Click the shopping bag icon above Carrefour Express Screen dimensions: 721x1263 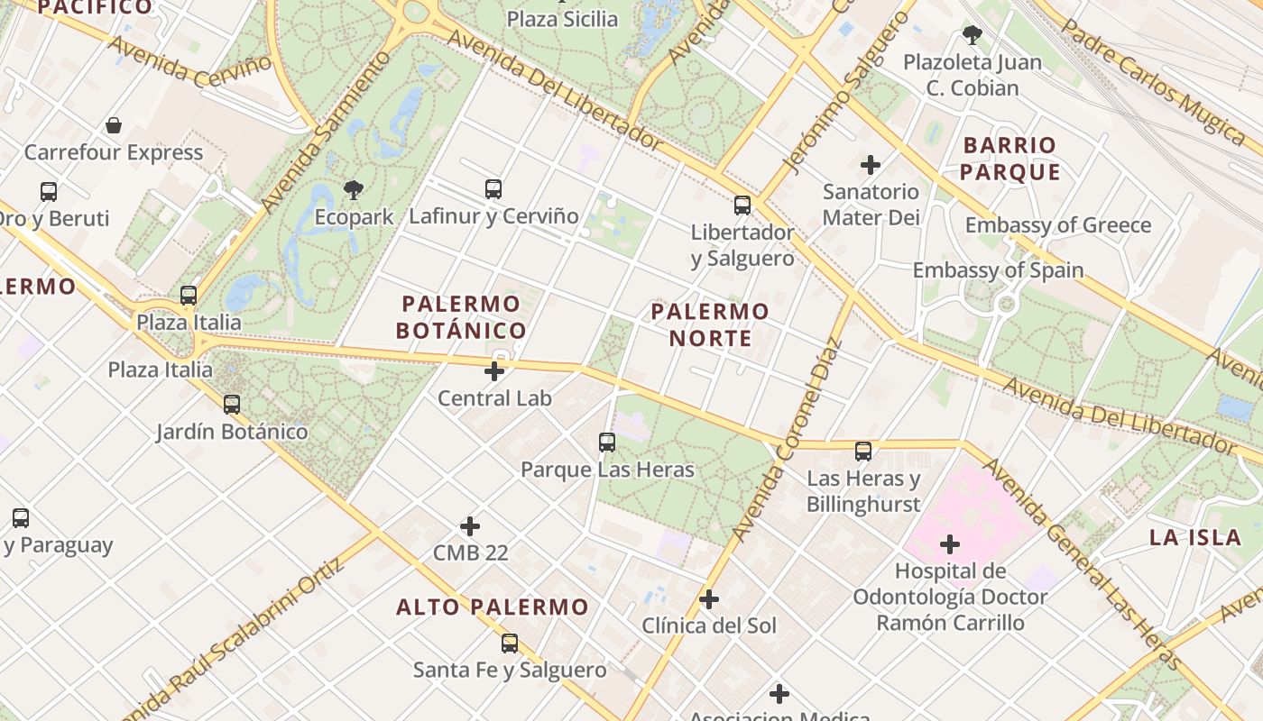pos(114,125)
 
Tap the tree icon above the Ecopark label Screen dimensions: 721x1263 pos(354,189)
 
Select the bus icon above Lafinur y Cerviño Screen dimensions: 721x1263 pos(493,188)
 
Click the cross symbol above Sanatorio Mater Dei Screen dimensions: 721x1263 pos(871,164)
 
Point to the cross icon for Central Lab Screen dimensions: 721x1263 pos(494,370)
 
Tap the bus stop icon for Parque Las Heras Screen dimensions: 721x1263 pos(607,443)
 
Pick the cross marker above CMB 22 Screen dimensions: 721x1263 pos(470,525)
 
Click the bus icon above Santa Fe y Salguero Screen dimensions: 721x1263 pos(510,643)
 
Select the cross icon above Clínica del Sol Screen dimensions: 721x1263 pos(709,598)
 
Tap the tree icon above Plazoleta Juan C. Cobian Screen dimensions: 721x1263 pos(973,35)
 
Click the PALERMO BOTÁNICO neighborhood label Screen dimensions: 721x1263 pos(461,317)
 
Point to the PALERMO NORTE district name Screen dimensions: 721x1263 pos(710,324)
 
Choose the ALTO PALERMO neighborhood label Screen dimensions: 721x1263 pos(493,607)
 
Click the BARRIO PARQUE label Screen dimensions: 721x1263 pos(1009,159)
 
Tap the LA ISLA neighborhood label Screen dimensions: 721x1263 pos(1195,538)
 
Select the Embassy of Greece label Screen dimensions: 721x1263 pos(1058,225)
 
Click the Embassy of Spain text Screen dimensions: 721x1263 pos(998,269)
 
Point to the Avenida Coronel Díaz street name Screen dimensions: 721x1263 pos(788,439)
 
